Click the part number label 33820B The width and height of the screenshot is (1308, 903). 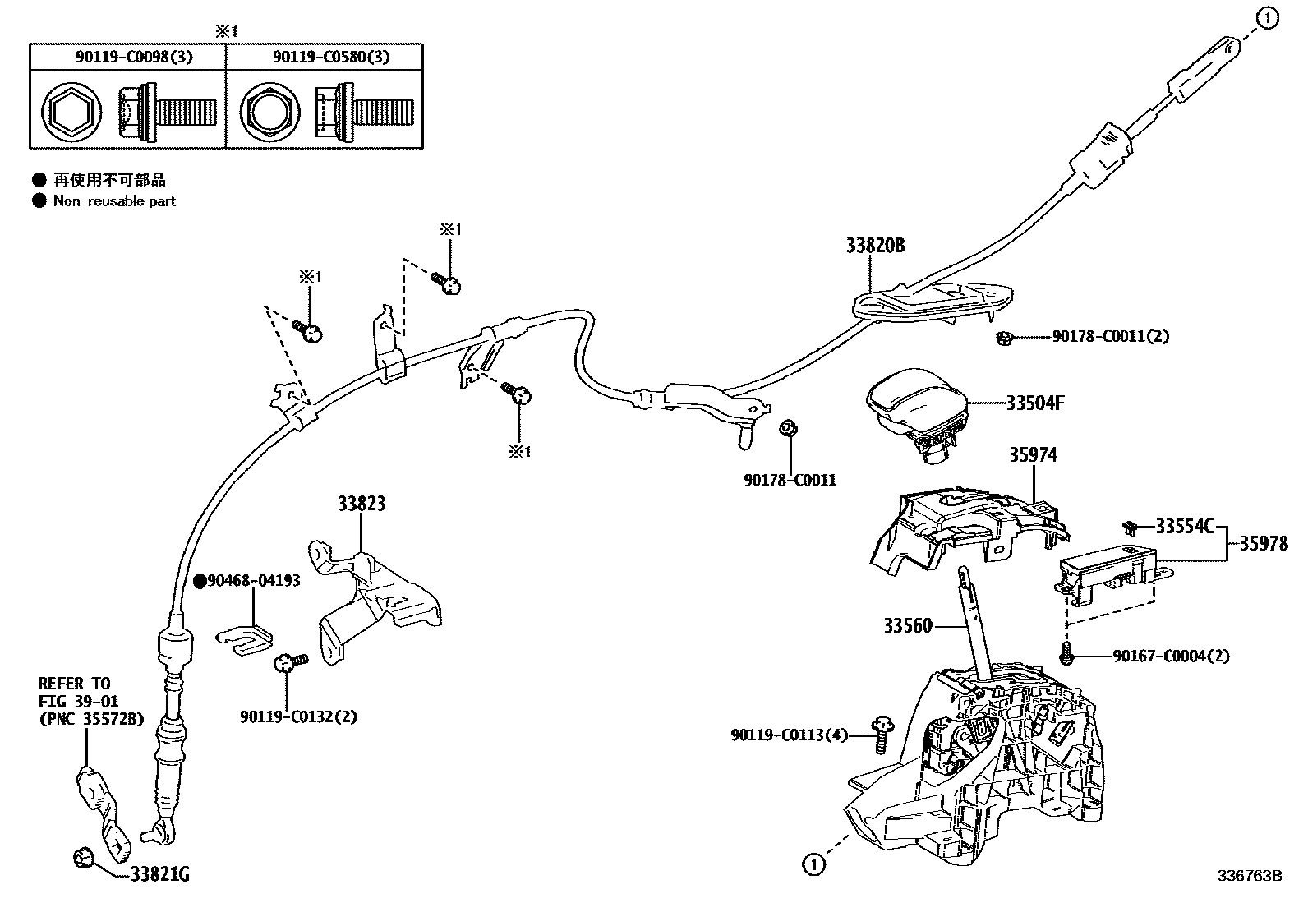(876, 245)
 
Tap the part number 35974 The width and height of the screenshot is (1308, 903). (1033, 454)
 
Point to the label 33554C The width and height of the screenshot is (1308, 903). (1184, 526)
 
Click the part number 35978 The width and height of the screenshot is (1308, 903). (1264, 543)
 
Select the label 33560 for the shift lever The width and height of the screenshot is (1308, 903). (908, 626)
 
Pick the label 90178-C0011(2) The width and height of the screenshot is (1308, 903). (1110, 336)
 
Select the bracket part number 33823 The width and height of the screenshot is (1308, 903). (362, 503)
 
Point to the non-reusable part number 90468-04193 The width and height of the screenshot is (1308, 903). (253, 580)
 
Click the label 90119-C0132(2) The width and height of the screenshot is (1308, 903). (299, 716)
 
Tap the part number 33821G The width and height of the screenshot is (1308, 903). (159, 875)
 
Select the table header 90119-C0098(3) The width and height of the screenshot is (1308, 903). (127, 57)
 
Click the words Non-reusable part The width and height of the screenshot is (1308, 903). (114, 201)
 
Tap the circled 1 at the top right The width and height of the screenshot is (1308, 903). (1269, 17)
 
